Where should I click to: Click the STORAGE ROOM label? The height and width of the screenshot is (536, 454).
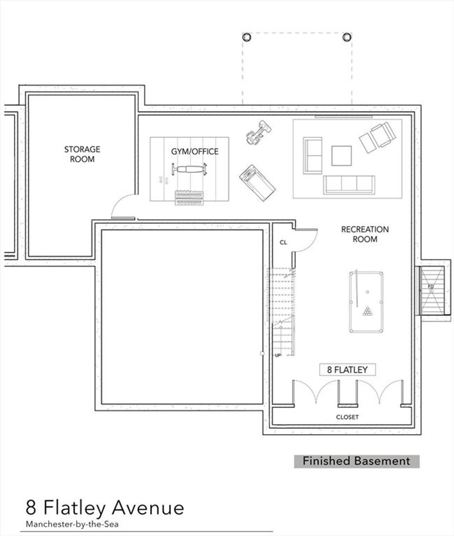tap(82, 154)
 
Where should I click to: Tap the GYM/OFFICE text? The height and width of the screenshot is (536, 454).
tap(195, 151)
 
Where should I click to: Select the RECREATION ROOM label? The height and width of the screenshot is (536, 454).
tap(365, 234)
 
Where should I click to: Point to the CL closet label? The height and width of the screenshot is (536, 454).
tap(283, 242)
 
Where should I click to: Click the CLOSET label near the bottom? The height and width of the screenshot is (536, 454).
tap(347, 417)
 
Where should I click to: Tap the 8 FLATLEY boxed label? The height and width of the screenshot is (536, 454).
tap(347, 369)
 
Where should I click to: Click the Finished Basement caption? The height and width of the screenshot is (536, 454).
tap(356, 461)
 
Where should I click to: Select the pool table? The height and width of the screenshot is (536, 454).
tap(366, 302)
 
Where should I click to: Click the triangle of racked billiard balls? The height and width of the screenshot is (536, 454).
tap(367, 311)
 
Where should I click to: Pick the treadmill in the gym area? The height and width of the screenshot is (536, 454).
tap(257, 183)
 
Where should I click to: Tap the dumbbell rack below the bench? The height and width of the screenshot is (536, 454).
tap(189, 198)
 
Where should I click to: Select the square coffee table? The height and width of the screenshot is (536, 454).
tap(341, 155)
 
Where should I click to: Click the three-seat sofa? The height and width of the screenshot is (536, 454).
tap(349, 185)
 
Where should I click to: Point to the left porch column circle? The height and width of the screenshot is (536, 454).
tap(247, 37)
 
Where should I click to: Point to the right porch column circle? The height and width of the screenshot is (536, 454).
tap(347, 37)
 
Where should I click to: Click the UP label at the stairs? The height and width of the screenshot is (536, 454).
tap(278, 356)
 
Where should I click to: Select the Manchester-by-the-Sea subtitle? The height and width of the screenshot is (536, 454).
tap(72, 524)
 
